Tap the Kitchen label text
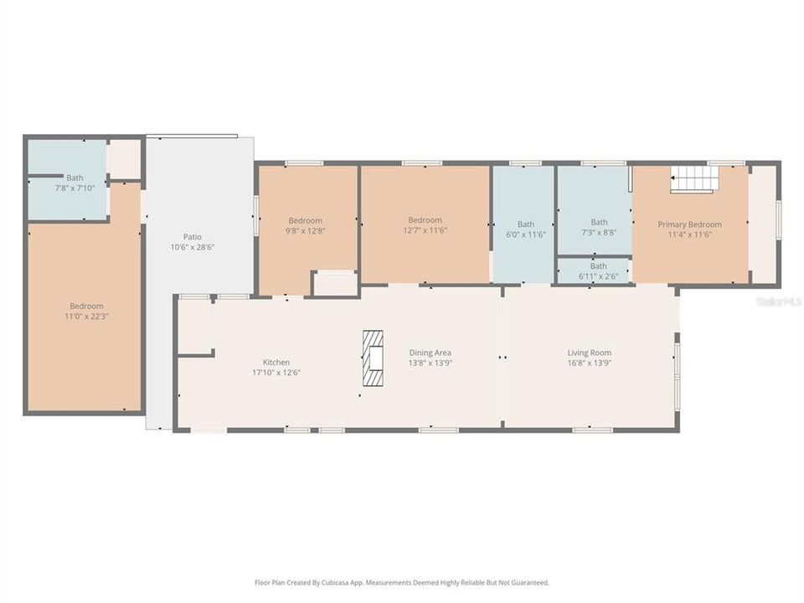(276, 363)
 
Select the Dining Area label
(430, 353)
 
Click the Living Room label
(590, 353)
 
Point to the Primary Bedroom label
(689, 224)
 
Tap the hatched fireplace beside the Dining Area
(373, 358)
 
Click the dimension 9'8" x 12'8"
(306, 230)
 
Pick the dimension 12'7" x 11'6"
(425, 230)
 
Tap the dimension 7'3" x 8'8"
(598, 233)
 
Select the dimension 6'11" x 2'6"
(598, 276)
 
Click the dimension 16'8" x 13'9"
(590, 363)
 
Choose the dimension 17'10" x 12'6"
(276, 373)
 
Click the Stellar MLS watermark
(778, 301)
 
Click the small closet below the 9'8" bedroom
(336, 283)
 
